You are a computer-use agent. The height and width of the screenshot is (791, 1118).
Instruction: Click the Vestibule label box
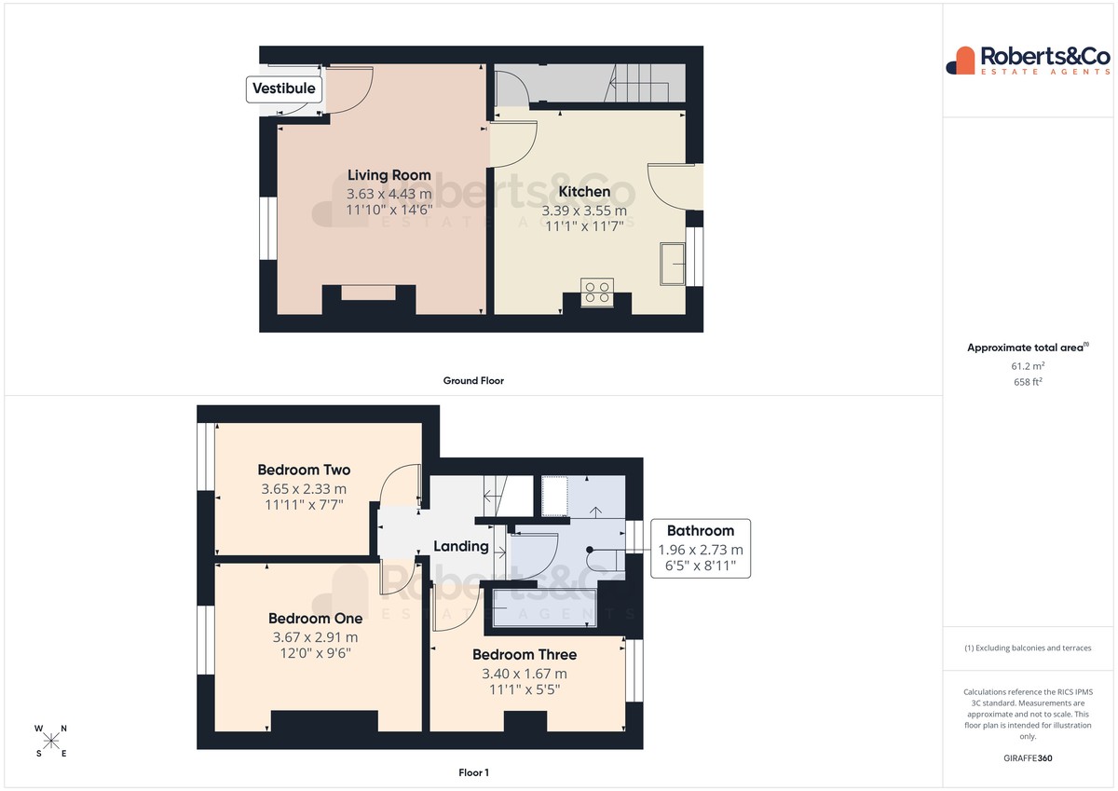284,89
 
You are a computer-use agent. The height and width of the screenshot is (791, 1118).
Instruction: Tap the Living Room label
389,175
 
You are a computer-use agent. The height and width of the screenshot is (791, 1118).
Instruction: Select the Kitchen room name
584,192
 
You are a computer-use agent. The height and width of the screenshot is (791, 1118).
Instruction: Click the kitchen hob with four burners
597,293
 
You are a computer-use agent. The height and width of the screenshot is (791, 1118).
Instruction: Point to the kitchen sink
673,264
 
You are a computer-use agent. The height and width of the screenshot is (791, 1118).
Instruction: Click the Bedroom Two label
304,470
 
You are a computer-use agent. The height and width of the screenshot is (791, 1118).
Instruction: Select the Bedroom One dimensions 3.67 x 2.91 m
316,637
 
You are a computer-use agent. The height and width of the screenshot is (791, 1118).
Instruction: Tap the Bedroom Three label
525,655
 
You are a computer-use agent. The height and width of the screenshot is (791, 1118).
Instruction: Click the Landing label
460,547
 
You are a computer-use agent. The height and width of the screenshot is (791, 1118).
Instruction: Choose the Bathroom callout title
701,530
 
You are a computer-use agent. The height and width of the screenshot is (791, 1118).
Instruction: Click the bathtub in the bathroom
544,607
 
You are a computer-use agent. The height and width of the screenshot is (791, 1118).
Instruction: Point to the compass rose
51,741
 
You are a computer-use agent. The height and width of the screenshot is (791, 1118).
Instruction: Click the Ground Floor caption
473,381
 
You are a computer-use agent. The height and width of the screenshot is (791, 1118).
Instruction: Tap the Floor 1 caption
473,772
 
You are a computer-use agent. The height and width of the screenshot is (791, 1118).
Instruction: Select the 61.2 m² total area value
1028,366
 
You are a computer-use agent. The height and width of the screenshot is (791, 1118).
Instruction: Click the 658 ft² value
1028,382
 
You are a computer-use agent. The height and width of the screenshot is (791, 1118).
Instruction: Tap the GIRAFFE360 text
1028,758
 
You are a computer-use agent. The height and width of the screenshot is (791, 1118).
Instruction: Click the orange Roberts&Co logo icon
961,61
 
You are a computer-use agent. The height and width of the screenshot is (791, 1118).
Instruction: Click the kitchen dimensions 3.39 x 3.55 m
584,211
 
